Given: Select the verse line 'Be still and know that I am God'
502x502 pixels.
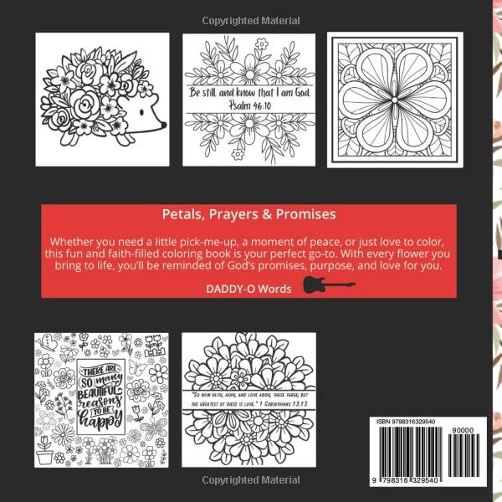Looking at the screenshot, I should pos(250,94).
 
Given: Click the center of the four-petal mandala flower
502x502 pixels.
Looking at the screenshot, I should pos(392,100).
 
